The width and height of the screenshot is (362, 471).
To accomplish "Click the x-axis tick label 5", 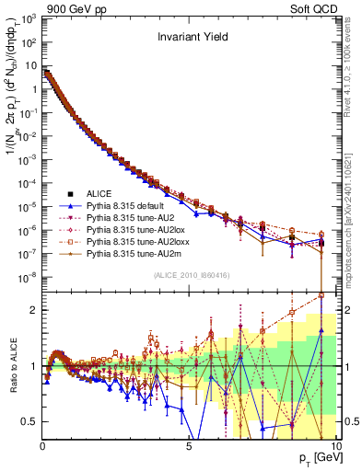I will [189, 445].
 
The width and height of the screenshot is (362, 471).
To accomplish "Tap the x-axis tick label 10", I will [334, 445].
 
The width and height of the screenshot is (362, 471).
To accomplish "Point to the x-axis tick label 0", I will [42, 445].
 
